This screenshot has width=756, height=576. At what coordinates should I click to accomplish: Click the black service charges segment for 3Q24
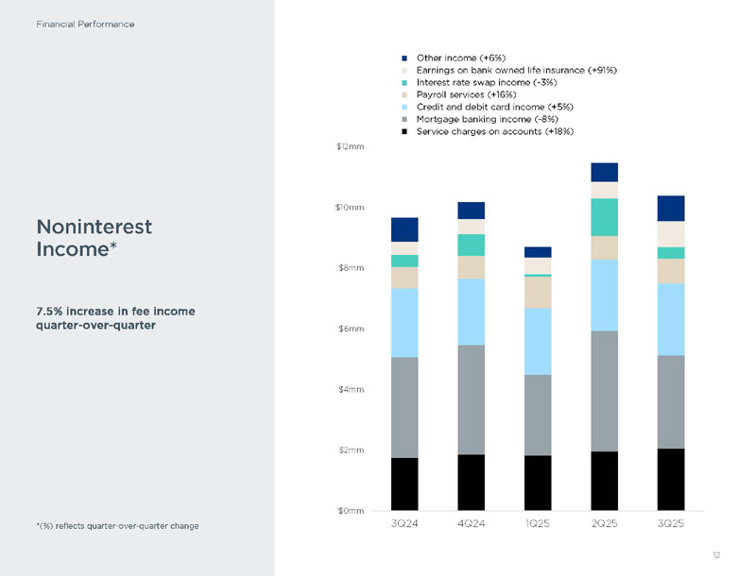pyautogui.click(x=404, y=483)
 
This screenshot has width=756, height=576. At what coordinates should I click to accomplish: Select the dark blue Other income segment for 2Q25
pyautogui.click(x=605, y=172)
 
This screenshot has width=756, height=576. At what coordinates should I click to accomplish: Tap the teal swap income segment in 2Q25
pyautogui.click(x=605, y=217)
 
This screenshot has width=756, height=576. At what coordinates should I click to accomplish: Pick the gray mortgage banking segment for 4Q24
pyautogui.click(x=471, y=399)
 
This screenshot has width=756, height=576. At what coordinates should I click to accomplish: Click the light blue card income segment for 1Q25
pyautogui.click(x=538, y=341)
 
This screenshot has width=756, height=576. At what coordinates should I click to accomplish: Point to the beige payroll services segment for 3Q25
pyautogui.click(x=671, y=271)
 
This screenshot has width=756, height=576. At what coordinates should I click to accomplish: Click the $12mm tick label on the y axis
pyautogui.click(x=351, y=147)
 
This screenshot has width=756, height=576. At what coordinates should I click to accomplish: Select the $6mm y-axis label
pyautogui.click(x=352, y=329)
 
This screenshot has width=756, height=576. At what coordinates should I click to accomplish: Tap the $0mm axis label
pyautogui.click(x=352, y=511)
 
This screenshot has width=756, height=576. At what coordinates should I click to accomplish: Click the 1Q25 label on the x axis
pyautogui.click(x=538, y=523)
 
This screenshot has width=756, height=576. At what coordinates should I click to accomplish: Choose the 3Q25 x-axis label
pyautogui.click(x=671, y=523)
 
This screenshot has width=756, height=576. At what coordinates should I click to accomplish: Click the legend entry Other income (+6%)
pyautogui.click(x=455, y=58)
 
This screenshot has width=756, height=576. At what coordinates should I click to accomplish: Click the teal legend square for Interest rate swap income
pyautogui.click(x=404, y=82)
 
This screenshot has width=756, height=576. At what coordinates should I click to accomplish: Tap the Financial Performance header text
pyautogui.click(x=85, y=24)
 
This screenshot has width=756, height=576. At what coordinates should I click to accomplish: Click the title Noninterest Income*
pyautogui.click(x=94, y=238)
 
